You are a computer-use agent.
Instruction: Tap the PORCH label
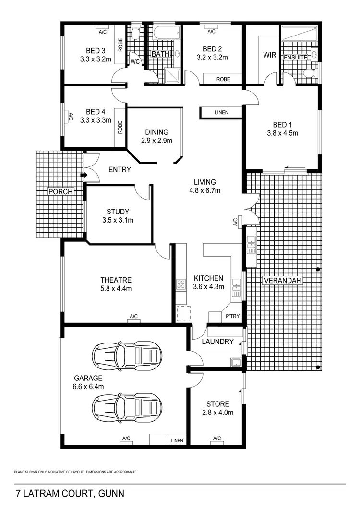[60, 192]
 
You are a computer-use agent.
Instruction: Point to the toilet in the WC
[135, 34]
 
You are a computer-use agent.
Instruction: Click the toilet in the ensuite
[309, 73]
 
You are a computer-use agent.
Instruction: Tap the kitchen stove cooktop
[181, 284]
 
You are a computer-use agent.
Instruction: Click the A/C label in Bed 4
[70, 117]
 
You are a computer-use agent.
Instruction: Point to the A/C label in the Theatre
[133, 316]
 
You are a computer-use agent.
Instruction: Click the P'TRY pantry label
[233, 316]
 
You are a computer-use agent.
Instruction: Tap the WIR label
[269, 55]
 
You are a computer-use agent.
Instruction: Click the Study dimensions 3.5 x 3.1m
[118, 220]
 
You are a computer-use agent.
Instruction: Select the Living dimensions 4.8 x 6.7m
[204, 190]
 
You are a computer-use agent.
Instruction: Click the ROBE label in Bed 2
[222, 79]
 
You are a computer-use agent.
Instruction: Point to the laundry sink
[235, 362]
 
